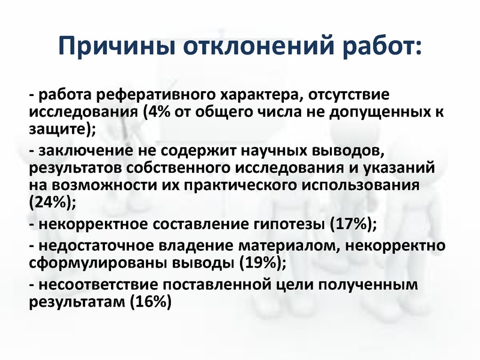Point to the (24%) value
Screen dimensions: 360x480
coord(52,201)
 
